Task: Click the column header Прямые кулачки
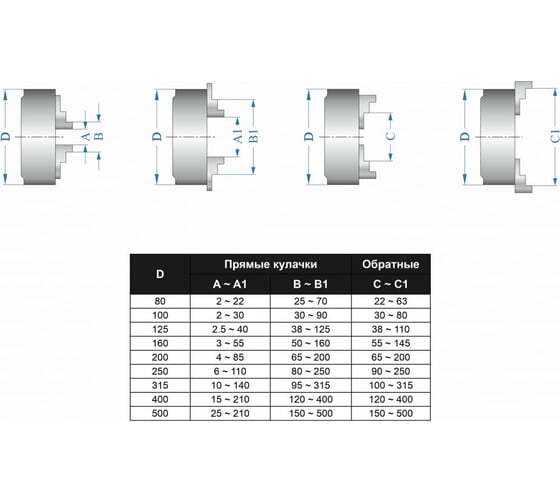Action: [x=270, y=265]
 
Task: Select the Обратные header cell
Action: [x=390, y=264]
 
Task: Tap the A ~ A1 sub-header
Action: [x=230, y=284]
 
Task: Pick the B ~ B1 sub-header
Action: [x=310, y=284]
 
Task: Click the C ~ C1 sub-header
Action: [x=390, y=284]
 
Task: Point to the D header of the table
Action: [x=160, y=274]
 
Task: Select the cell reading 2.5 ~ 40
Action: [x=230, y=329]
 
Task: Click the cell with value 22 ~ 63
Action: [x=391, y=301]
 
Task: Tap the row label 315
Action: [x=160, y=385]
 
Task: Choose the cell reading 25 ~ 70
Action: [x=310, y=301]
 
